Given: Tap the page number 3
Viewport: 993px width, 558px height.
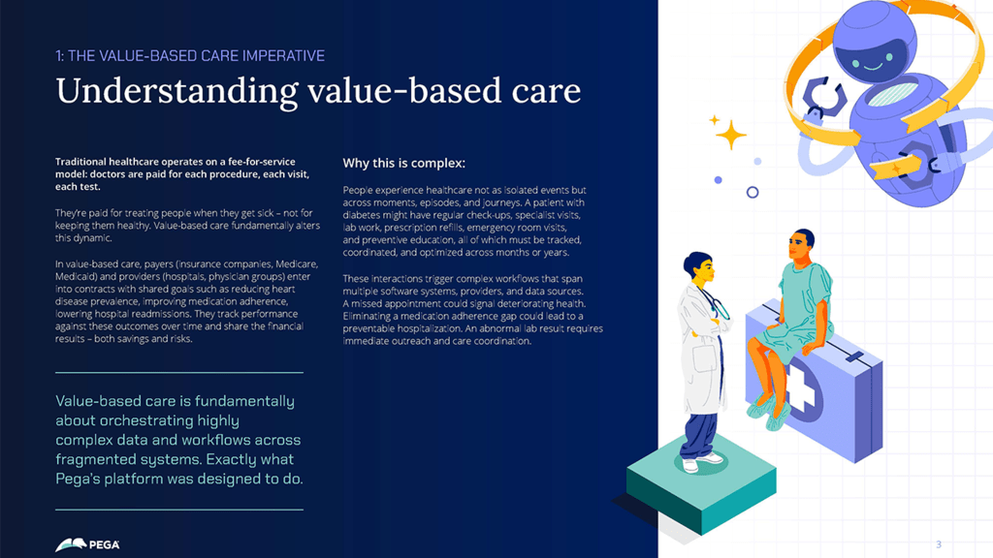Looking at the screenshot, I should click(939, 543).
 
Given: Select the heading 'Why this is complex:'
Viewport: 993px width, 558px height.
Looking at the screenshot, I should click(403, 163).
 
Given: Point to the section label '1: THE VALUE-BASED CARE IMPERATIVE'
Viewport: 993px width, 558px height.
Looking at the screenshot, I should click(190, 56).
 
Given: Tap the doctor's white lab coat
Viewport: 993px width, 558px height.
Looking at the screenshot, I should click(702, 349).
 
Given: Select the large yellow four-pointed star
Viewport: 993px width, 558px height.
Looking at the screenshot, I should click(730, 135).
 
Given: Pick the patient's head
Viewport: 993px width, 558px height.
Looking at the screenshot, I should click(802, 246).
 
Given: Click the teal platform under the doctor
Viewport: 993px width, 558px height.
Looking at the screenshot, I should click(700, 484).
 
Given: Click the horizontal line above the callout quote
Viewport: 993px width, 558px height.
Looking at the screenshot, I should click(179, 372).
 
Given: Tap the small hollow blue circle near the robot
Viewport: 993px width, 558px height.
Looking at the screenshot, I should click(753, 193).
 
